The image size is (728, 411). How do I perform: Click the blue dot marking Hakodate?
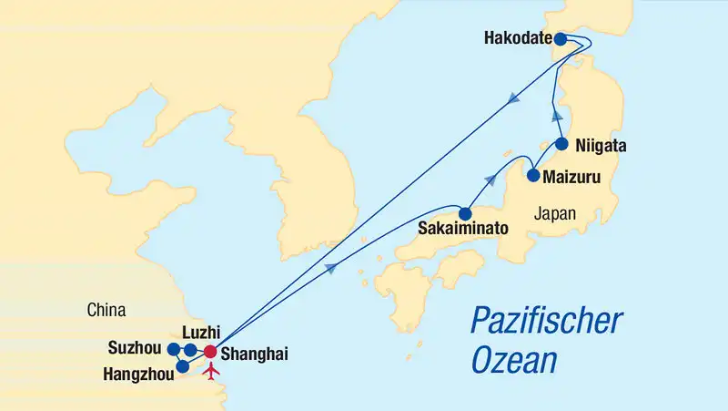pyautogui.click(x=561, y=39)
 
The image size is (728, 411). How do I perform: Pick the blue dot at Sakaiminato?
pyautogui.click(x=465, y=215)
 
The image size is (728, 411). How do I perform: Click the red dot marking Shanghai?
pyautogui.click(x=209, y=352)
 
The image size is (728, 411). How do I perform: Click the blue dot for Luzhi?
pyautogui.click(x=189, y=351)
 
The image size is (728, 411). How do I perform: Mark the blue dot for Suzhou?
pyautogui.click(x=173, y=348)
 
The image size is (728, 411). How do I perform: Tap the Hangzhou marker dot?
pyautogui.click(x=182, y=366)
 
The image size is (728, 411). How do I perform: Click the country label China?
pyautogui.click(x=106, y=311)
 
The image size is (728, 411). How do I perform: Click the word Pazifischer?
pyautogui.click(x=546, y=322)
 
